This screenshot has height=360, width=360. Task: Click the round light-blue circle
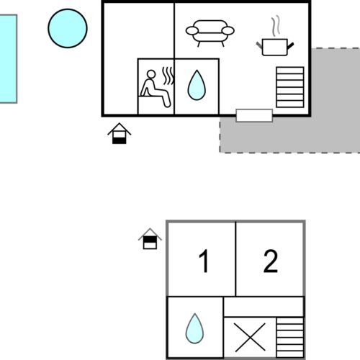68,28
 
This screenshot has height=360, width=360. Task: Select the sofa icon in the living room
210,33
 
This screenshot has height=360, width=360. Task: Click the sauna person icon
156,89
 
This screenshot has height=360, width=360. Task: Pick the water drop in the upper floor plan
197,85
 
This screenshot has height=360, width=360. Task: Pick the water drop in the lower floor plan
194,328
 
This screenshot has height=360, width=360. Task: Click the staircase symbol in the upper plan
290,87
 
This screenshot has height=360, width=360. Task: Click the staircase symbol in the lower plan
290,338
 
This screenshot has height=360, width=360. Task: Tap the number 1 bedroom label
204,261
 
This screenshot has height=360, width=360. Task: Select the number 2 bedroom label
271,261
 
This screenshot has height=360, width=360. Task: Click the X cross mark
250,337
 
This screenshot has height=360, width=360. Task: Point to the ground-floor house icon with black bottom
120,133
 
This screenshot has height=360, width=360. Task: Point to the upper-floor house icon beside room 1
150,238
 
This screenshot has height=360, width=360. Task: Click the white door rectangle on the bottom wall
254,115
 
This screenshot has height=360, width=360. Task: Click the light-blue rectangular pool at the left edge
8,59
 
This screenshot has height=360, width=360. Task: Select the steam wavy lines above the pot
276,26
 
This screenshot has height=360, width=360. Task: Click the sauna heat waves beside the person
168,76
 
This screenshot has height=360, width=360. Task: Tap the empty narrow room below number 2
264,307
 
